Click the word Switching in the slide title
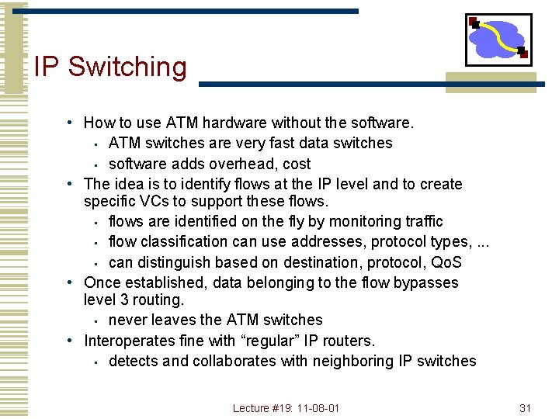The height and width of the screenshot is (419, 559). coord(127,67)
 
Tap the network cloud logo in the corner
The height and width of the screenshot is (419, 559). coord(498,39)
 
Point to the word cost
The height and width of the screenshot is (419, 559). coord(297,164)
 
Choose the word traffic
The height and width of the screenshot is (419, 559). coord(420,222)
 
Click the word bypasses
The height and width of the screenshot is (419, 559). coord(426,283)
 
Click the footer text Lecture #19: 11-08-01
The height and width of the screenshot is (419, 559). coord(286,408)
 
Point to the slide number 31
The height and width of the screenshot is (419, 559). coord(525,408)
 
